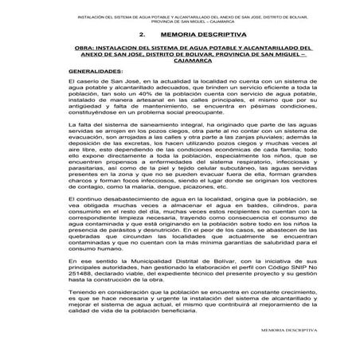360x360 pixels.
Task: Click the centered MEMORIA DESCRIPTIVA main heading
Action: tap(202, 36)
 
